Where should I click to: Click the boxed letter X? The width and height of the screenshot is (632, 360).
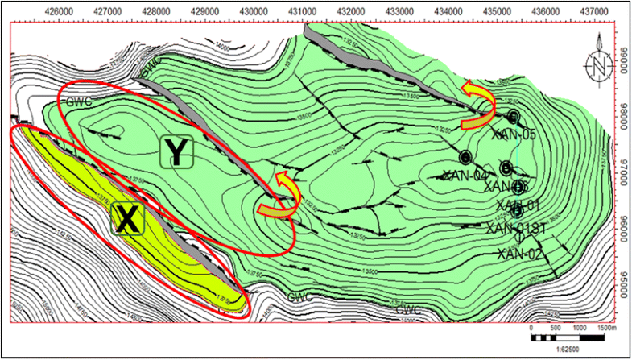click(126, 217)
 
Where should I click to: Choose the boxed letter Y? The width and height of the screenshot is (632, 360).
click(176, 151)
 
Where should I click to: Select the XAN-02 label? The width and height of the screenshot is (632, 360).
click(521, 254)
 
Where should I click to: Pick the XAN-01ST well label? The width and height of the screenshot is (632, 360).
click(517, 229)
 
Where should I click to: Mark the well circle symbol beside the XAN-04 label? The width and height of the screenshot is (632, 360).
click(465, 157)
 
